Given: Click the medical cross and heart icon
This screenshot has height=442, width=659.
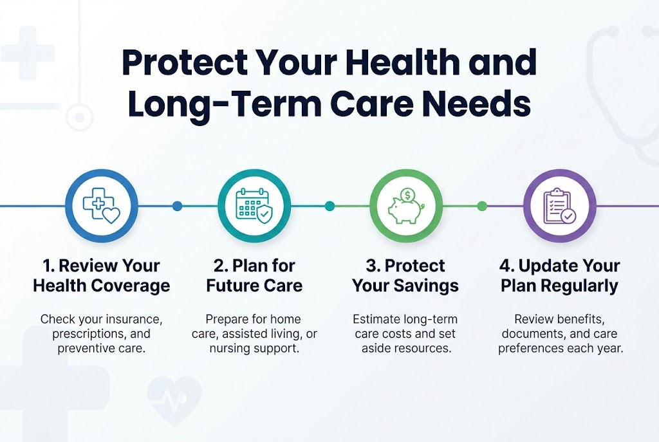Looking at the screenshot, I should (101, 206).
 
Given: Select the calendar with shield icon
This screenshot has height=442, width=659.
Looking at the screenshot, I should (254, 206).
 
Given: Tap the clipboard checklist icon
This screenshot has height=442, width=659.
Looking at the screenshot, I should (558, 206).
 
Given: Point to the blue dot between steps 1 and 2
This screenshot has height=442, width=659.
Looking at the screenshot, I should (177, 206).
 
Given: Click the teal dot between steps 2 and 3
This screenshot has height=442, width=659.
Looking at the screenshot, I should (329, 206).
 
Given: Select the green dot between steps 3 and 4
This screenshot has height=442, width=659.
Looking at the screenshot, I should (481, 206).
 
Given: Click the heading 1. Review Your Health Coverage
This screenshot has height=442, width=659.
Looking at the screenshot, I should (101, 275).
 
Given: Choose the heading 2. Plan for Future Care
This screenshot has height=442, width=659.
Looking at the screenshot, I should (254, 275).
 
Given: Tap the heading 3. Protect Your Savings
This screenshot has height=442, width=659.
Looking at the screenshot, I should (405, 275).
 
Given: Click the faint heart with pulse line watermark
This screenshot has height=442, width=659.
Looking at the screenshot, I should (174, 399).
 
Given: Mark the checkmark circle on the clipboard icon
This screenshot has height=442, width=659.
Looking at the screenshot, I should (568, 217).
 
